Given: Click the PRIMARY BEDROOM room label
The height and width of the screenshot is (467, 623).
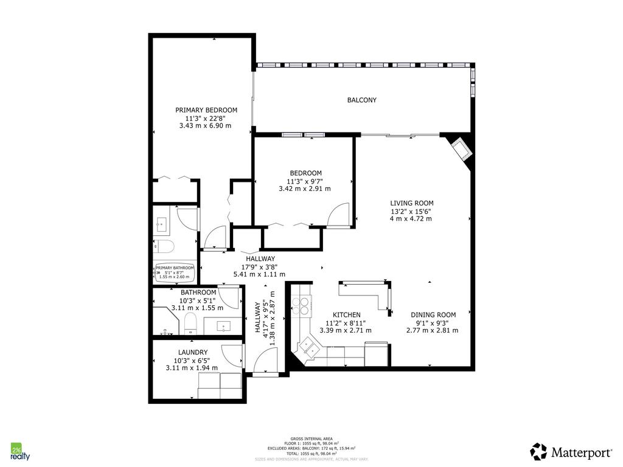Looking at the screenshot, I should pos(206,110).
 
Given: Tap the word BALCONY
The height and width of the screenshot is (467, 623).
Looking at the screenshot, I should pos(362,100).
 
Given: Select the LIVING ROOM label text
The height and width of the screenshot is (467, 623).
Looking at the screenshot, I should pos(411,203).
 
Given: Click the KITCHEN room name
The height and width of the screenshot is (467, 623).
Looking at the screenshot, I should pos(346,315).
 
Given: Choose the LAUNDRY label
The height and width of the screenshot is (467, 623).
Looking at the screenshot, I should pos(193,352).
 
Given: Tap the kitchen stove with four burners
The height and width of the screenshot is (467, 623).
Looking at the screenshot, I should pos(302,305).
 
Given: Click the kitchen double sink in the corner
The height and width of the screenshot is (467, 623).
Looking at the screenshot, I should pos(307,348).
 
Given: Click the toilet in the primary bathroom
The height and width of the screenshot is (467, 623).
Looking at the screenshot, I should pos(164,246).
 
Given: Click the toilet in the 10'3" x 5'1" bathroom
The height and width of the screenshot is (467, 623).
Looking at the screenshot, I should pos(190,324).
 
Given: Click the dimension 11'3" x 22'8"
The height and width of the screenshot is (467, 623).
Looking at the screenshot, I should pos(206,118).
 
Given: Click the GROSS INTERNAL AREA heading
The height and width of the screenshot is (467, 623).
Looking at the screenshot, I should pos(311,439).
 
